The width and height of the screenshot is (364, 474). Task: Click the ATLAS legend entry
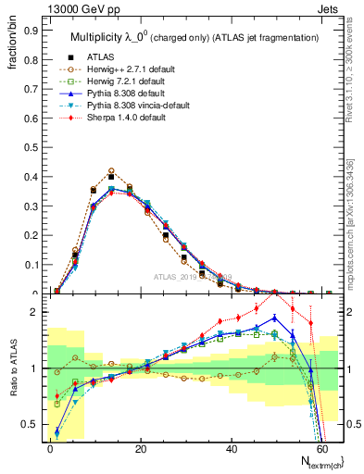pyautogui.click(x=101, y=56)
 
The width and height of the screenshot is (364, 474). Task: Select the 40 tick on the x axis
pyautogui.click(x=230, y=449)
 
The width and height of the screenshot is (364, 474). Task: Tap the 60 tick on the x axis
pyautogui.click(x=320, y=449)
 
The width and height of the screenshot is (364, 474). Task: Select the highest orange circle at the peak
pyautogui.click(x=111, y=171)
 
